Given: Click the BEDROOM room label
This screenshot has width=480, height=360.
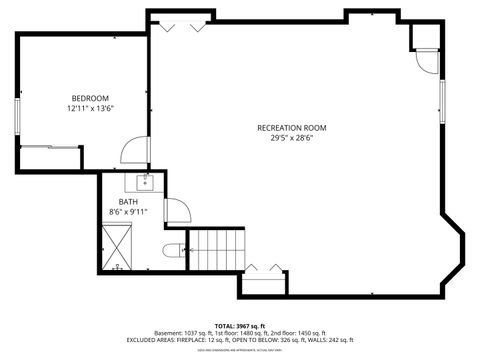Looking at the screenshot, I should tap(89, 97).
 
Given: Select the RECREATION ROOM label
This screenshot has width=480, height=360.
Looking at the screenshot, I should tap(291, 128).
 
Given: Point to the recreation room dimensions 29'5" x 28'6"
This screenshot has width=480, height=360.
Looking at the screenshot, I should tap(291, 138).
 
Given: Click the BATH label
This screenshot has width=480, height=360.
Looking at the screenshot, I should tap(128, 201).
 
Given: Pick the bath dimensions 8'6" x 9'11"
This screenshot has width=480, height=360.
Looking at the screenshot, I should tap(128, 212).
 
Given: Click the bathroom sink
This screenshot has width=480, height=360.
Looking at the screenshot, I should tap(143, 181).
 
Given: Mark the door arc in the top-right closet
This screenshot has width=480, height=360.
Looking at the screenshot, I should tap(428, 59).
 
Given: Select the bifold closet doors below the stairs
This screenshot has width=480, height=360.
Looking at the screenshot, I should tap(264, 270).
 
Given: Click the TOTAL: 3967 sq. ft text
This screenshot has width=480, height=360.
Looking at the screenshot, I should tap(240, 326).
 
